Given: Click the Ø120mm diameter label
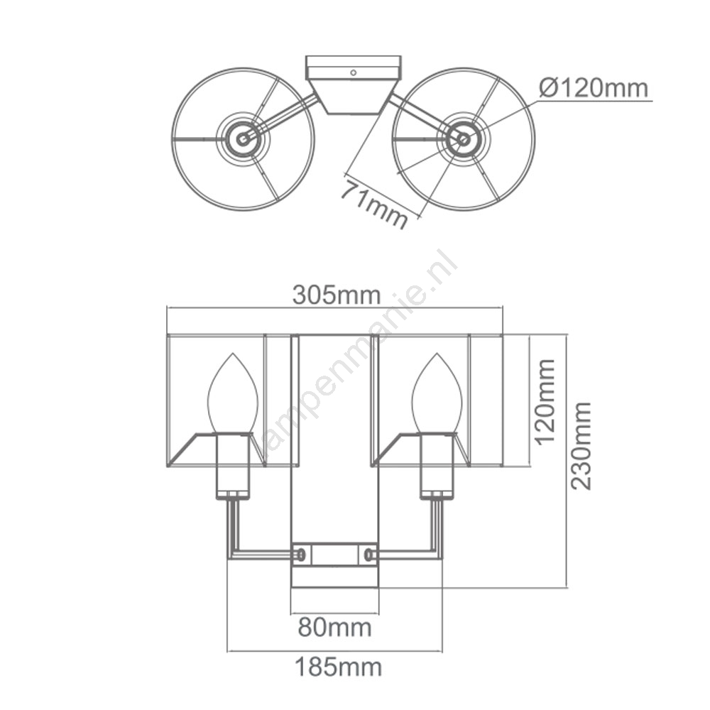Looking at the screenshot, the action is coord(594,87).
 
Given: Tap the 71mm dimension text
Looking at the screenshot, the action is coord(374,203).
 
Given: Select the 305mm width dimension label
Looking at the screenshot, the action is coord(336,295).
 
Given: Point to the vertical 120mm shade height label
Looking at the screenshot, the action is coord(545,401).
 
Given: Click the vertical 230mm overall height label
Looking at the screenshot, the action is coord(581,446).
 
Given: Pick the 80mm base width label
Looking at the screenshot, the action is coord(334,628).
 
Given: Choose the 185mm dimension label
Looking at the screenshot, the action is coord(338,667).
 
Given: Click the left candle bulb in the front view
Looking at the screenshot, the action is coord(233,393).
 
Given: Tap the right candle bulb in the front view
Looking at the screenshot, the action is coord(437,393).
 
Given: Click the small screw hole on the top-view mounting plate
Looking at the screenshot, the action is coord(353,72).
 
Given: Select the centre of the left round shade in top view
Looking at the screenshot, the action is coord(243,139).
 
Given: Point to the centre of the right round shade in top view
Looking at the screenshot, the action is coord(463,139).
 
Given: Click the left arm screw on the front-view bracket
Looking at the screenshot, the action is coord(300,553).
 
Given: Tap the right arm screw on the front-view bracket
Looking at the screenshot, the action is coord(368,553).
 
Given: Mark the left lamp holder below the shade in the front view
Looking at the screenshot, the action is coord(232,466).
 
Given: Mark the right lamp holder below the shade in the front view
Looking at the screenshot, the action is coord(437,466).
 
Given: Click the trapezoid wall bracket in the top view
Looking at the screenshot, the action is coord(353,97).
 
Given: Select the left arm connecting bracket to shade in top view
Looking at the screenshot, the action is coord(280,117).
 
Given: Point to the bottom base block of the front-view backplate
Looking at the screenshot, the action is coord(334,576).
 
